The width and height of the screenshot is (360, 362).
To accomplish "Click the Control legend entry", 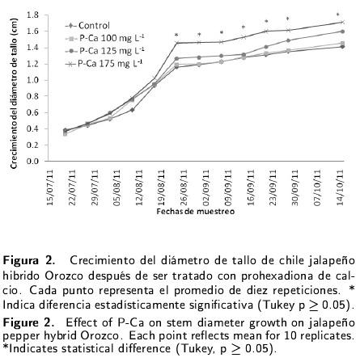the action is (87, 26).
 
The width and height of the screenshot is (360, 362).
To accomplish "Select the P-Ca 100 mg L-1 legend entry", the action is (104, 38).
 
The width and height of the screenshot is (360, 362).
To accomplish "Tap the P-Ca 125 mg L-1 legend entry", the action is (104, 51).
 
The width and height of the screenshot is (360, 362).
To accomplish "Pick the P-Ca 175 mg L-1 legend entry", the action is (104, 63).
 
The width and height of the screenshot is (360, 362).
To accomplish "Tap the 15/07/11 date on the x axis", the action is (50, 187).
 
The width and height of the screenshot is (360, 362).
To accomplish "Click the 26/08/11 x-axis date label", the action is (184, 187).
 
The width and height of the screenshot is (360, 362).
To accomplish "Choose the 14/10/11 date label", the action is (340, 187).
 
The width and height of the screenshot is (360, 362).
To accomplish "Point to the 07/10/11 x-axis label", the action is (317, 187).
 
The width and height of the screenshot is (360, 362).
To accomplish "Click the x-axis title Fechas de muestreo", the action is (196, 212).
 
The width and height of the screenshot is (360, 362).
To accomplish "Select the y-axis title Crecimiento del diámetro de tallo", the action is (14, 94).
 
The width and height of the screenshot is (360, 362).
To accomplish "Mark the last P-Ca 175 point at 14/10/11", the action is (342, 22).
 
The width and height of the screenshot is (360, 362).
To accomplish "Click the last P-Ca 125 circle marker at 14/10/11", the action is (342, 32).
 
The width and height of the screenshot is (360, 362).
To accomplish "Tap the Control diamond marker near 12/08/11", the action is (133, 110).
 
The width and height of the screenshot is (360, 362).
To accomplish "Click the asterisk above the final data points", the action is (338, 15).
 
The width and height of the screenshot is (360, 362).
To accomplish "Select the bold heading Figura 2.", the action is (29, 260).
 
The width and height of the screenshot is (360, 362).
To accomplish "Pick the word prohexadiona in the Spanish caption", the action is (273, 276).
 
